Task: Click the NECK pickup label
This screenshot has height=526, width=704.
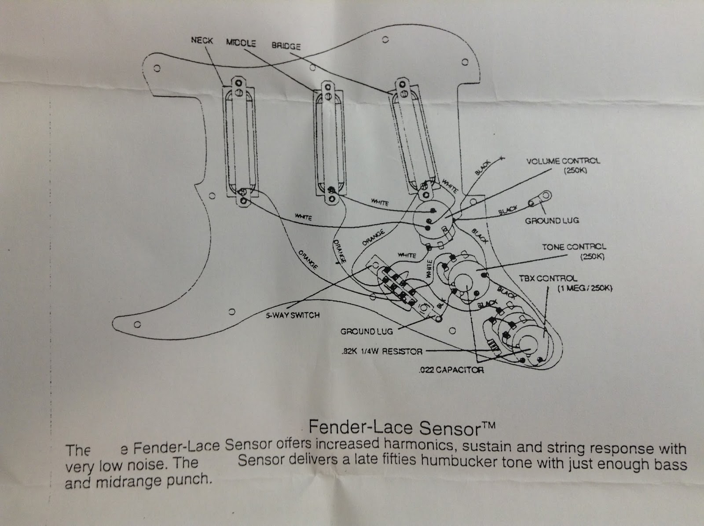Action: (x=202, y=41)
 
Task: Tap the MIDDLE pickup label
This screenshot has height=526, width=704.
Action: (x=241, y=43)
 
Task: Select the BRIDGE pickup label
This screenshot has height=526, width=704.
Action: (x=286, y=46)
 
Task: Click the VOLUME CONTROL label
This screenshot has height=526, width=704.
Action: (x=563, y=161)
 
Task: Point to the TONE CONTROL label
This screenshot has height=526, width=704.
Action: (x=574, y=247)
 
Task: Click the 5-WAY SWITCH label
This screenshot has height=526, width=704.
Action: (x=292, y=315)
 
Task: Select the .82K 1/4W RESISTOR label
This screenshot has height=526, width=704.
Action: (x=381, y=351)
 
